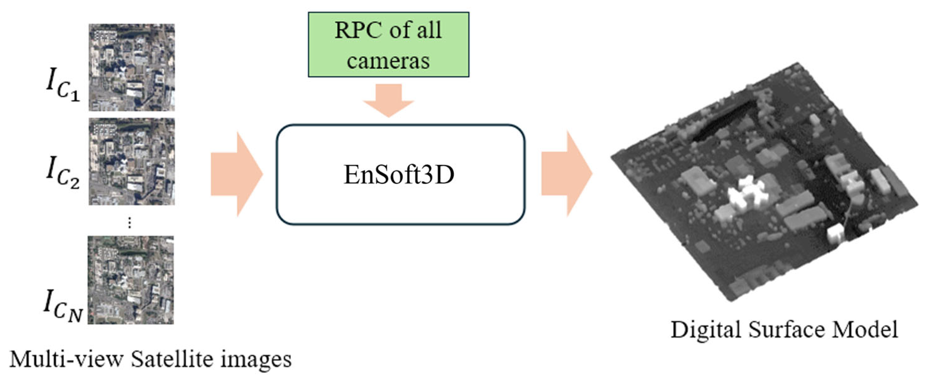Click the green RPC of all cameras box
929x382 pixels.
pos(388,44)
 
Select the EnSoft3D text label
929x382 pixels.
pos(399,175)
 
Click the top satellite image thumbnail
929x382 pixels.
pos(132,68)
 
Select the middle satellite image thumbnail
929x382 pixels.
pos(132,161)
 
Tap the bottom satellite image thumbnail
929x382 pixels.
pos(130,280)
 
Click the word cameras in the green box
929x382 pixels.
pos(388,60)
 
